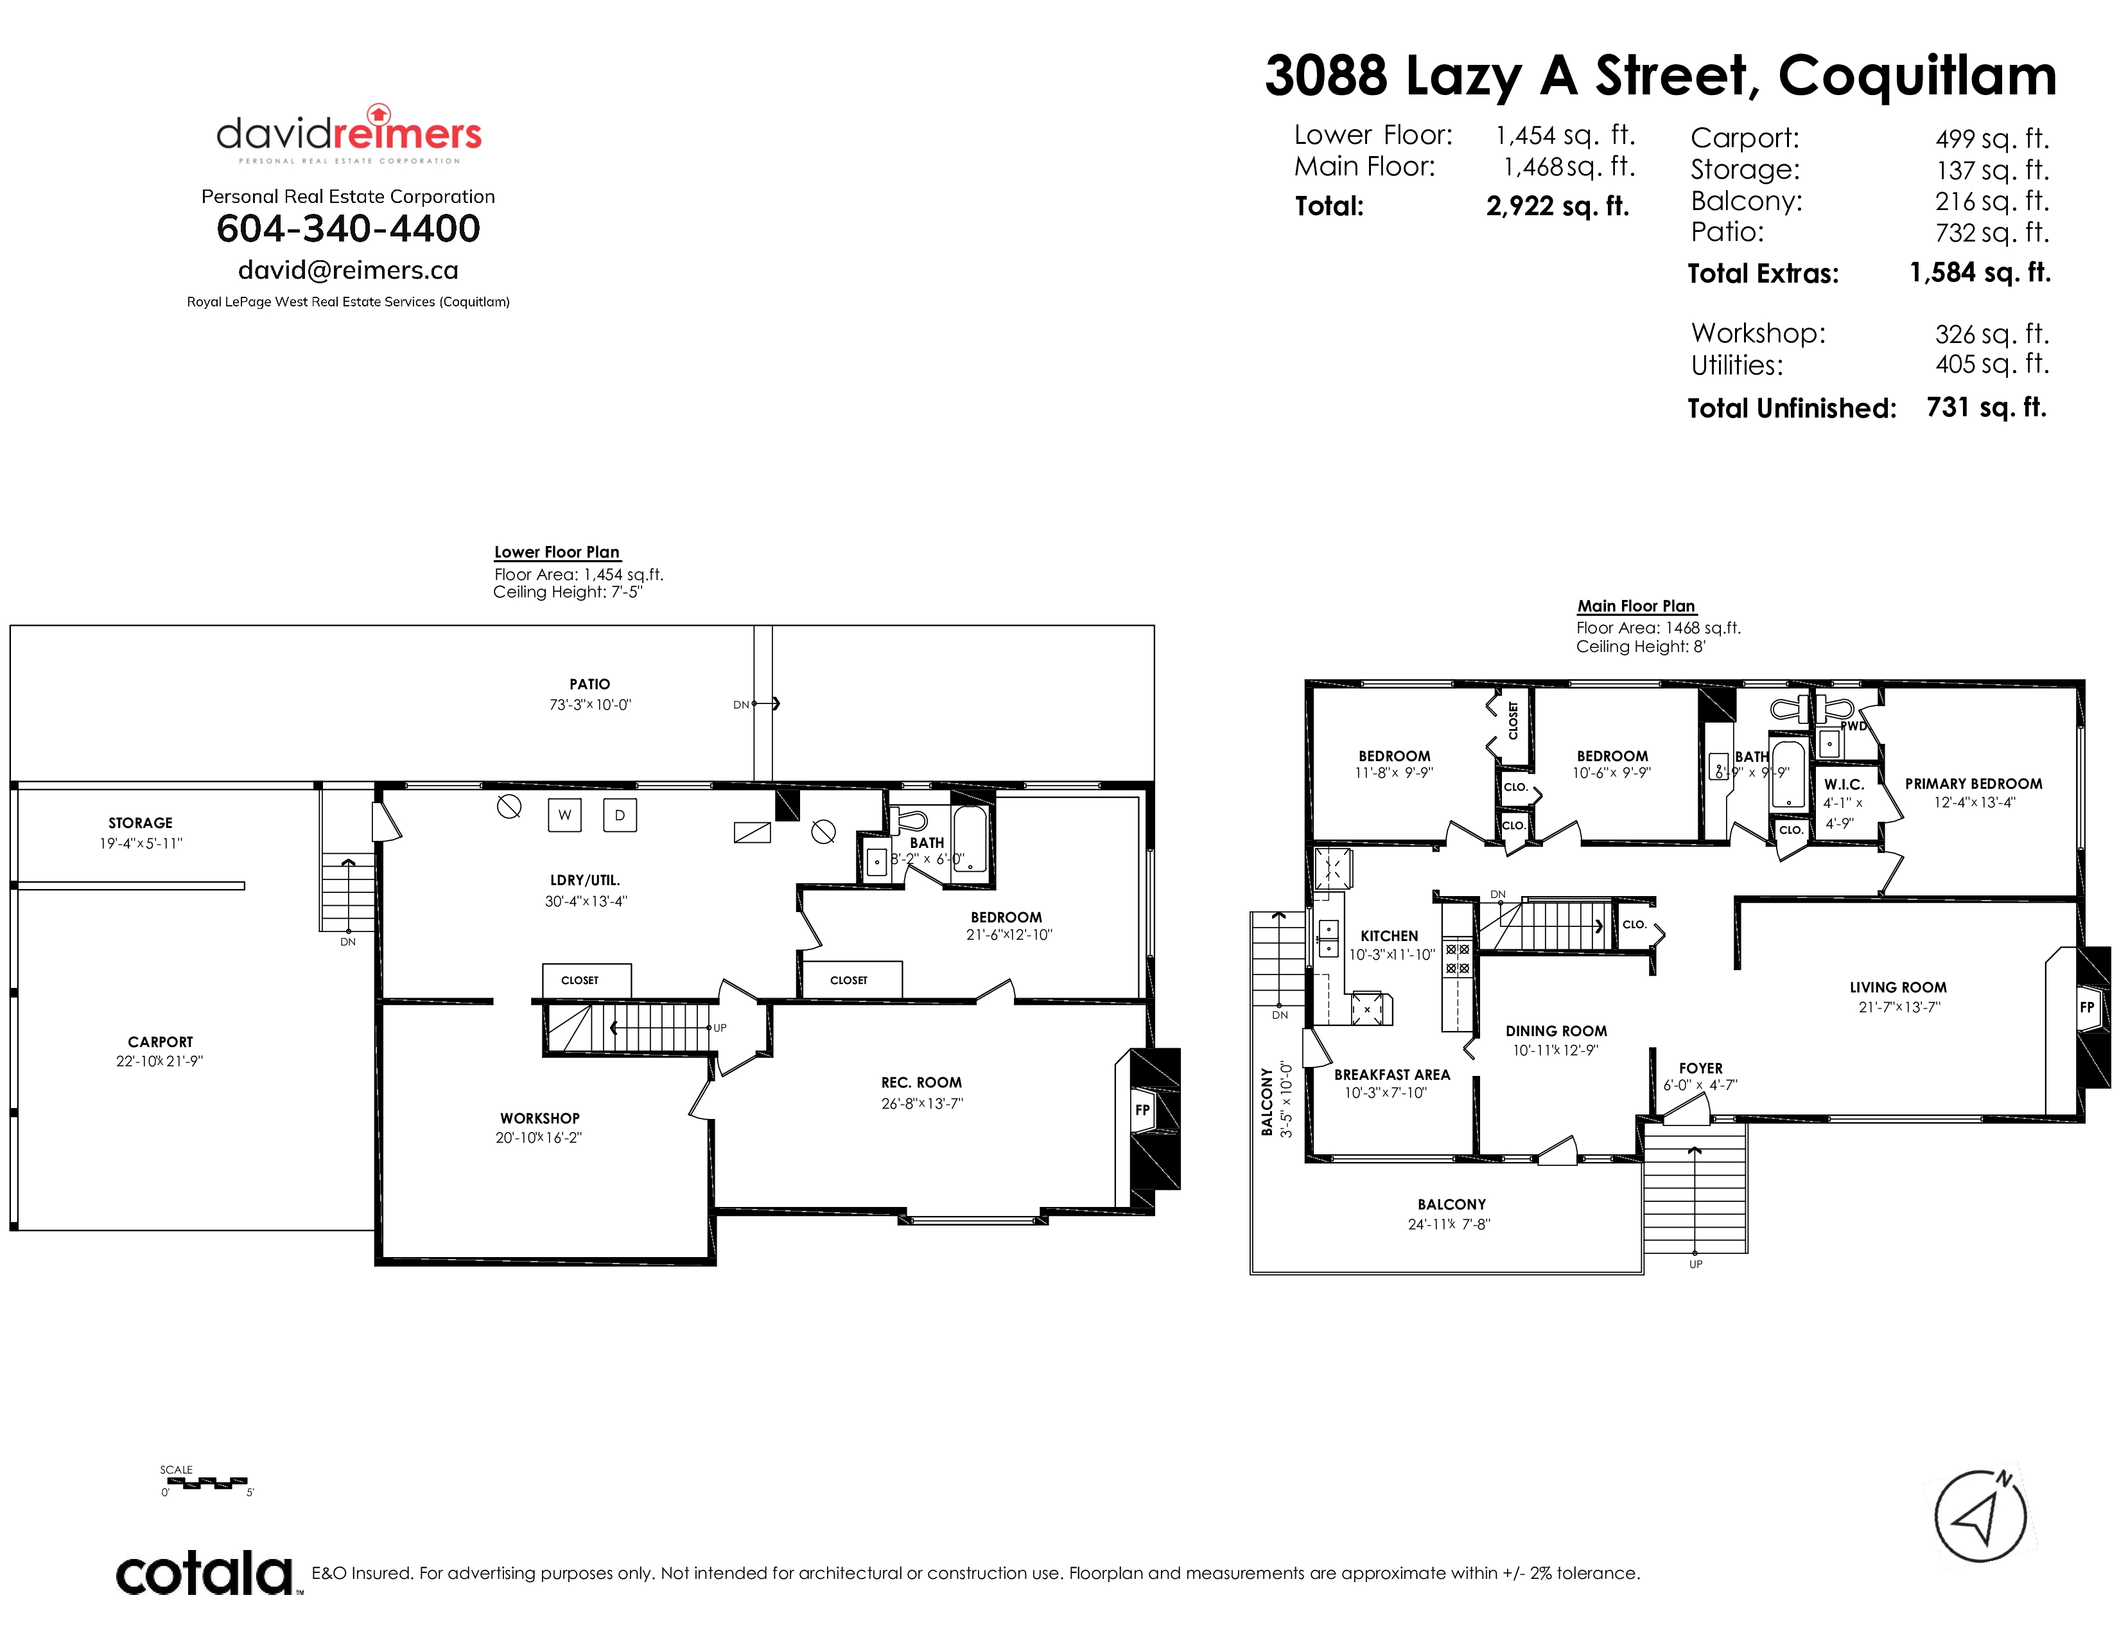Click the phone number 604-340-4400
pos(348,229)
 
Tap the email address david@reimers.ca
pos(348,270)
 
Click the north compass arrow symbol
pos(1979,1517)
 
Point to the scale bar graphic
pos(205,1483)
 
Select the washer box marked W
pos(564,815)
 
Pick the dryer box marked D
pos(620,815)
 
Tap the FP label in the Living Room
pos(2086,1007)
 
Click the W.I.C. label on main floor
pos(1844,784)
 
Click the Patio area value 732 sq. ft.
pos(1992,233)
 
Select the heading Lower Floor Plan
pos(557,552)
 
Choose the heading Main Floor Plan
pos(1636,606)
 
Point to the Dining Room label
pos(1557,1030)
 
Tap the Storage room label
pos(141,823)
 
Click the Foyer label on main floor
pos(1701,1068)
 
